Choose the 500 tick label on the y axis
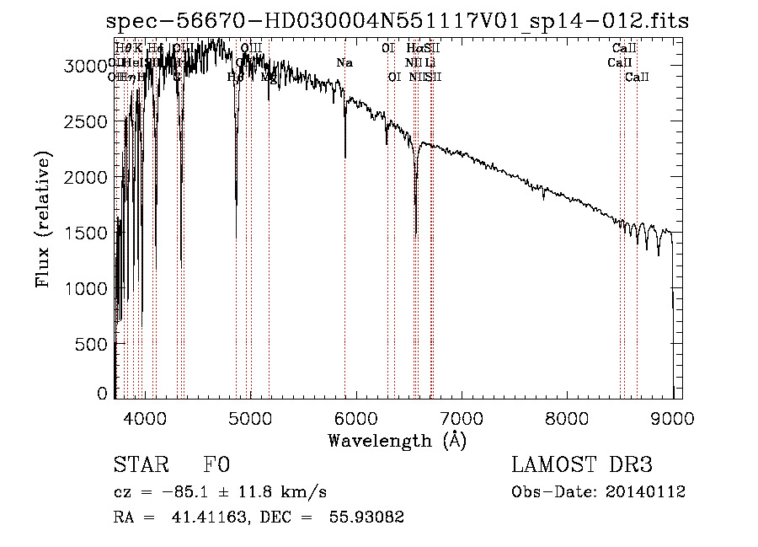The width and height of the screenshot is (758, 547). click(x=94, y=344)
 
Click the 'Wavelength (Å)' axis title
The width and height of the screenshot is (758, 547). click(x=396, y=440)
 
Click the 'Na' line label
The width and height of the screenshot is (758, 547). click(x=344, y=63)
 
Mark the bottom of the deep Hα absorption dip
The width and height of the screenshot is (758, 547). click(x=416, y=236)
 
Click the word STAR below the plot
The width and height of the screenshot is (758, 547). click(x=138, y=465)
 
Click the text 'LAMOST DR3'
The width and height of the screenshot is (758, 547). click(x=581, y=465)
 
